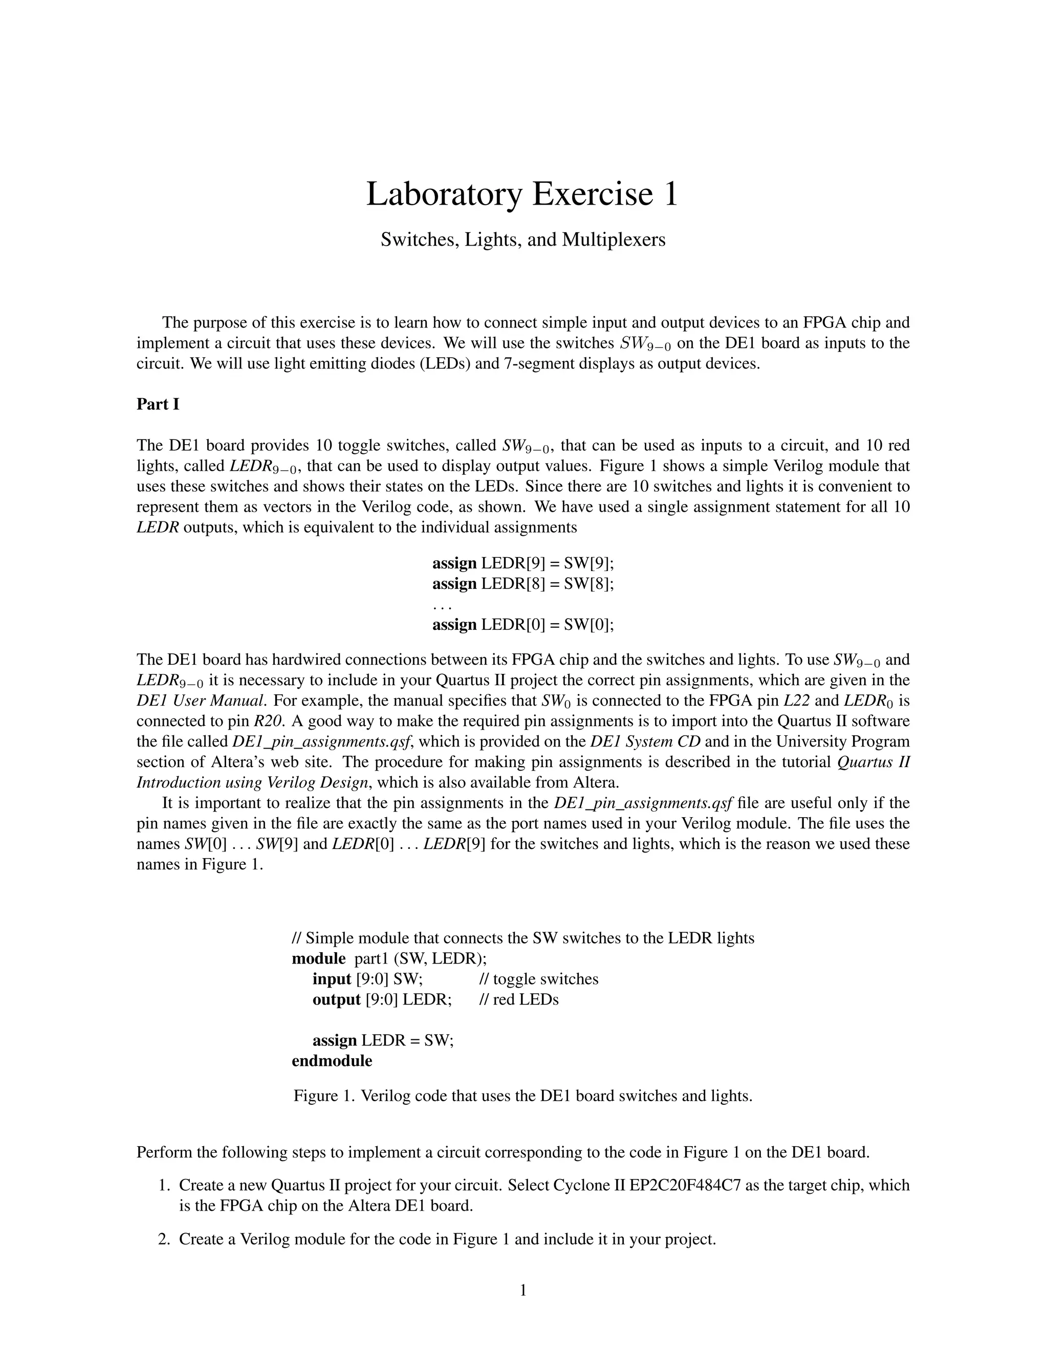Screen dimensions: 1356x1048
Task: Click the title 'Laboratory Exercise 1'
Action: (522, 194)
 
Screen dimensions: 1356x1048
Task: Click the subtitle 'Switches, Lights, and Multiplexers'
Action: (523, 239)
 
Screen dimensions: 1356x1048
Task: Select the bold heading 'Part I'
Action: (158, 404)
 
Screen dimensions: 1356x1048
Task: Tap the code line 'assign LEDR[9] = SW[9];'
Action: (523, 563)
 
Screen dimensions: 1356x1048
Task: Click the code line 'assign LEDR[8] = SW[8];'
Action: (523, 584)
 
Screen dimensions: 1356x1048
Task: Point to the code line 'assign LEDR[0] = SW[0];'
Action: (523, 625)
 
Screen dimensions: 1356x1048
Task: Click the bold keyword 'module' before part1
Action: (318, 958)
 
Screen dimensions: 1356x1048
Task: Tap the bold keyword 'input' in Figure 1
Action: (332, 979)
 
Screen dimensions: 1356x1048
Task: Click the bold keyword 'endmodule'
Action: (332, 1061)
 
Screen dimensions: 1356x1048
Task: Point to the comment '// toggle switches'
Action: (539, 979)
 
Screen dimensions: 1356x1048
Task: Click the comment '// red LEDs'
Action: (519, 1000)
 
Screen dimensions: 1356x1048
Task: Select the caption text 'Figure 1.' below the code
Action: (324, 1096)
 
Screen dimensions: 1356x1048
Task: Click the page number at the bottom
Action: (523, 1291)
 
